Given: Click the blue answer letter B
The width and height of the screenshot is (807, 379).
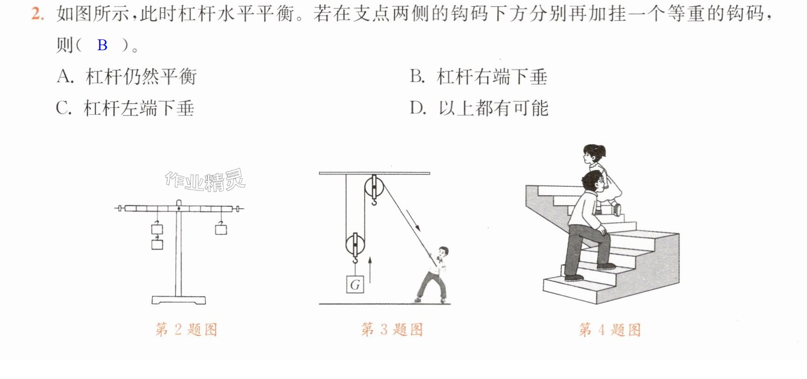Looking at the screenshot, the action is pyautogui.click(x=102, y=45).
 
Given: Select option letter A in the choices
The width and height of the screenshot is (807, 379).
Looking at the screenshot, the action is pyautogui.click(x=65, y=76).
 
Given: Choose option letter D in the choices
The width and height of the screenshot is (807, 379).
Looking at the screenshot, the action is pyautogui.click(x=417, y=108).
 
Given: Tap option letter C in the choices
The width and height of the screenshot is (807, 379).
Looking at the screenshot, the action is pyautogui.click(x=63, y=108).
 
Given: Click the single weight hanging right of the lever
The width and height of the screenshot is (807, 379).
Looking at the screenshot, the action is pyautogui.click(x=221, y=229).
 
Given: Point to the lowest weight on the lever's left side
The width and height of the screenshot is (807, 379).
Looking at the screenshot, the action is pyautogui.click(x=157, y=244).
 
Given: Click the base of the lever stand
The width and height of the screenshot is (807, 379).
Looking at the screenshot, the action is pyautogui.click(x=179, y=300).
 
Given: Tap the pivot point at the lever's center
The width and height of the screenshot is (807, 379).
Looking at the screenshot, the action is pyautogui.click(x=179, y=208).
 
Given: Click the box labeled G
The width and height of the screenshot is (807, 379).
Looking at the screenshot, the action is pyautogui.click(x=355, y=284).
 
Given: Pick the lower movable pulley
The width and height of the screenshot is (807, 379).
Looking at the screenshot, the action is pyautogui.click(x=355, y=244).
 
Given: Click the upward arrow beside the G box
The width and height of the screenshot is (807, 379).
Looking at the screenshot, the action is pyautogui.click(x=370, y=270).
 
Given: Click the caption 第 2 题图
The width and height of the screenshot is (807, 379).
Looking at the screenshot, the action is pyautogui.click(x=186, y=330).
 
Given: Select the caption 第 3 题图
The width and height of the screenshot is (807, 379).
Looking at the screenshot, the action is pyautogui.click(x=392, y=329).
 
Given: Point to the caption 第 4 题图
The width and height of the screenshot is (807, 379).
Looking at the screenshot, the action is pyautogui.click(x=610, y=330).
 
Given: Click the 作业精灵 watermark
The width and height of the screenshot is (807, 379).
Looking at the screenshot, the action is pyautogui.click(x=205, y=180).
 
